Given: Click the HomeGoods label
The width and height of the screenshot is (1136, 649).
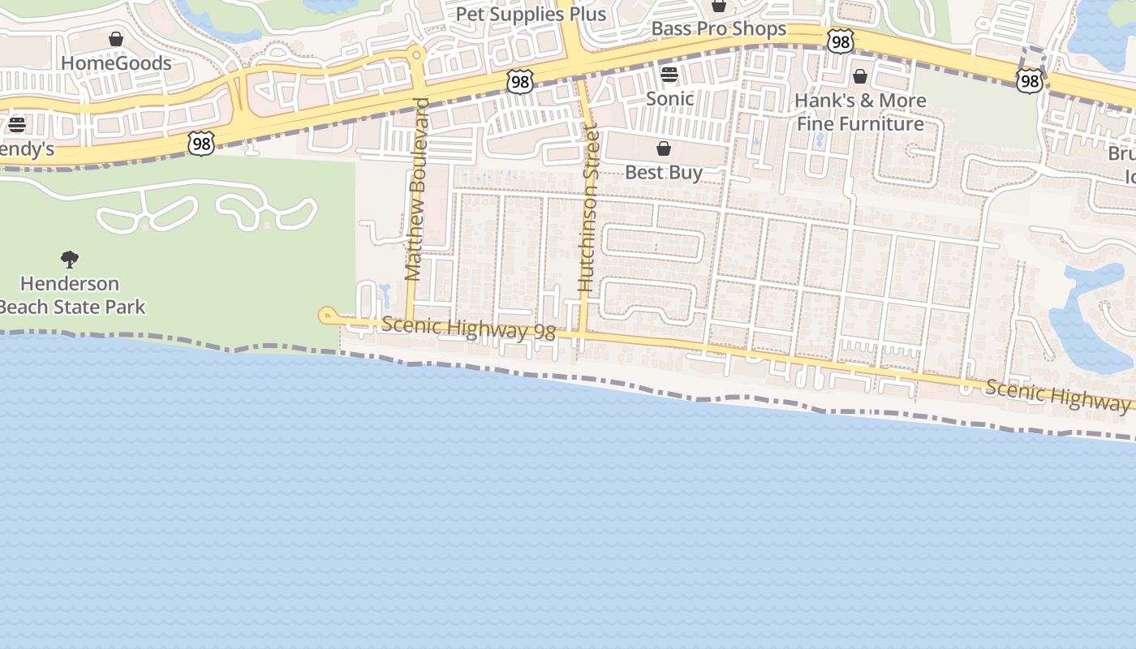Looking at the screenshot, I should [x=116, y=63].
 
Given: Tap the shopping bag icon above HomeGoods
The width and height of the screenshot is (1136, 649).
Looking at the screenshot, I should [x=116, y=39].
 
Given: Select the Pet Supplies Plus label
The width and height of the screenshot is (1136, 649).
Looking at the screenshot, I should [x=531, y=15].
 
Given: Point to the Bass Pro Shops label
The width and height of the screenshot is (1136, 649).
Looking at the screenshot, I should [x=719, y=29].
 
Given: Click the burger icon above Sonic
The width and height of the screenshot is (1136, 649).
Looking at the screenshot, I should [x=669, y=75].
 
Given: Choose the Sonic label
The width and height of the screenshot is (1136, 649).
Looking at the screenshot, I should [x=669, y=99].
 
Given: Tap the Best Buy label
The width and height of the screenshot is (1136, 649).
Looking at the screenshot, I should [x=664, y=173].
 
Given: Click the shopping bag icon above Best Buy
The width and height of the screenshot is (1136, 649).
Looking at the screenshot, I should [x=664, y=148].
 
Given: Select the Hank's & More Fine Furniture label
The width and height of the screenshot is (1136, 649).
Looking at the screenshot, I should [x=860, y=112].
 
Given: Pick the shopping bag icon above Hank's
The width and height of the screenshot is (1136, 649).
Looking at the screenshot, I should [x=860, y=76].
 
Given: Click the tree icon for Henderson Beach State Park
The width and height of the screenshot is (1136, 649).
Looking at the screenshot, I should [x=70, y=260].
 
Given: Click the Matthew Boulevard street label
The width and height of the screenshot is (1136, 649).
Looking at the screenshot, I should [x=415, y=190].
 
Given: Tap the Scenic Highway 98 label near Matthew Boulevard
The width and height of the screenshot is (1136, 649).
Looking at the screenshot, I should [x=468, y=329].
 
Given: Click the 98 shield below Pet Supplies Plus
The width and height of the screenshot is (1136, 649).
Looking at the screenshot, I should [x=519, y=81].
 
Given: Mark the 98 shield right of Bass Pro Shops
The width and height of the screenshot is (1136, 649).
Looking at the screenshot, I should [x=840, y=41].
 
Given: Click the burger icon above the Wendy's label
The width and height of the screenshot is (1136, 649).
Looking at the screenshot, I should [x=17, y=125].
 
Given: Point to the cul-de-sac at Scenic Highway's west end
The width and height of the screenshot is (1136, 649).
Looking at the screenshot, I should [x=327, y=316].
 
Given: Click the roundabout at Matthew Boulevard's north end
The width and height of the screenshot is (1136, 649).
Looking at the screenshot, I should [x=417, y=55].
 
